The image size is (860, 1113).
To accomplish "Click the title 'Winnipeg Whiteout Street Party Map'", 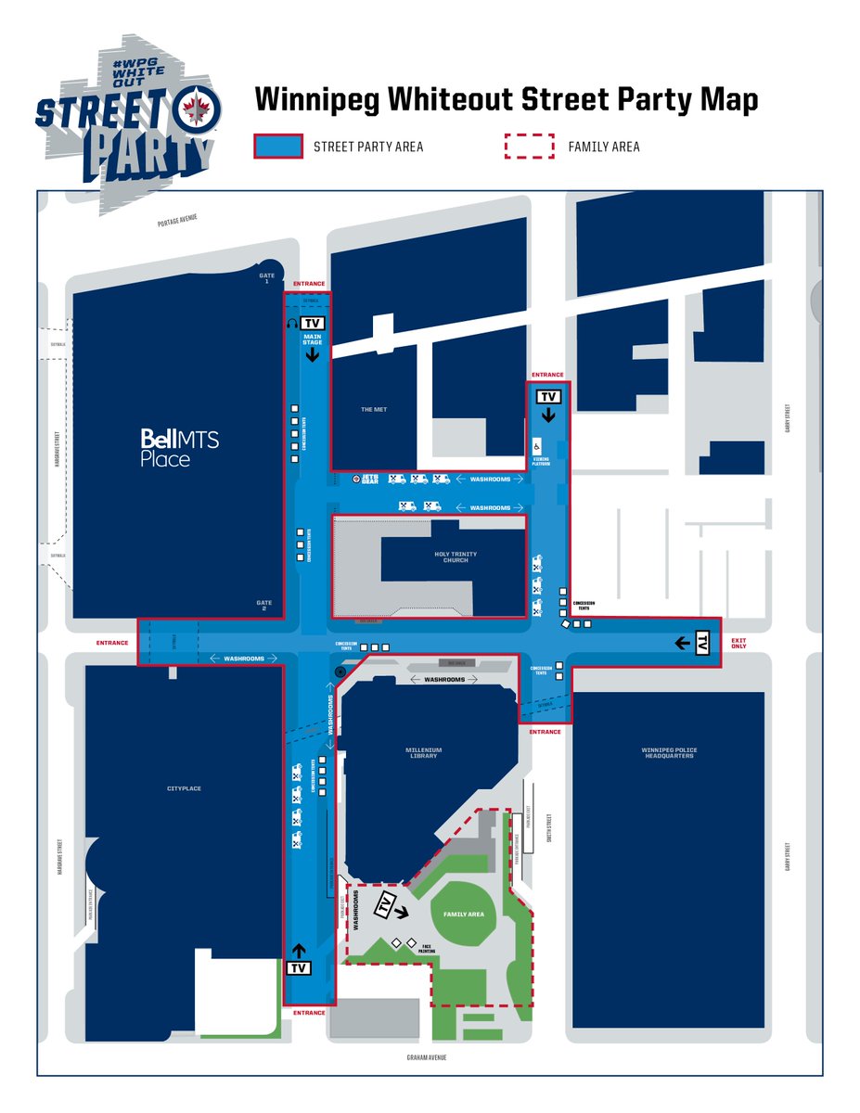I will click(507, 100).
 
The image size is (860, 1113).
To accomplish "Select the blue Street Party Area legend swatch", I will click(278, 147).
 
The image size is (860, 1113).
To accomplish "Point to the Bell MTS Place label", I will click(180, 447).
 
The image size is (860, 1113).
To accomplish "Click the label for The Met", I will click(374, 410).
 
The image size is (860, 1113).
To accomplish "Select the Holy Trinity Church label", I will click(456, 556).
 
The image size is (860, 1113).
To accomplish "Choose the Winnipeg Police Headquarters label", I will click(668, 752).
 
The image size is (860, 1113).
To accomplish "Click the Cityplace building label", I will click(184, 788).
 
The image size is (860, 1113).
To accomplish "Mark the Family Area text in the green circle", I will click(463, 915).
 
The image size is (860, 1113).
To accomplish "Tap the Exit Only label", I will click(738, 644).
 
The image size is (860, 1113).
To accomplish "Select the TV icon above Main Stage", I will click(312, 322).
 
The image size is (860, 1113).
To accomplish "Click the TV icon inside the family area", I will click(384, 905).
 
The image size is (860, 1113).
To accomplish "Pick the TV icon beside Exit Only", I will click(702, 642).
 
